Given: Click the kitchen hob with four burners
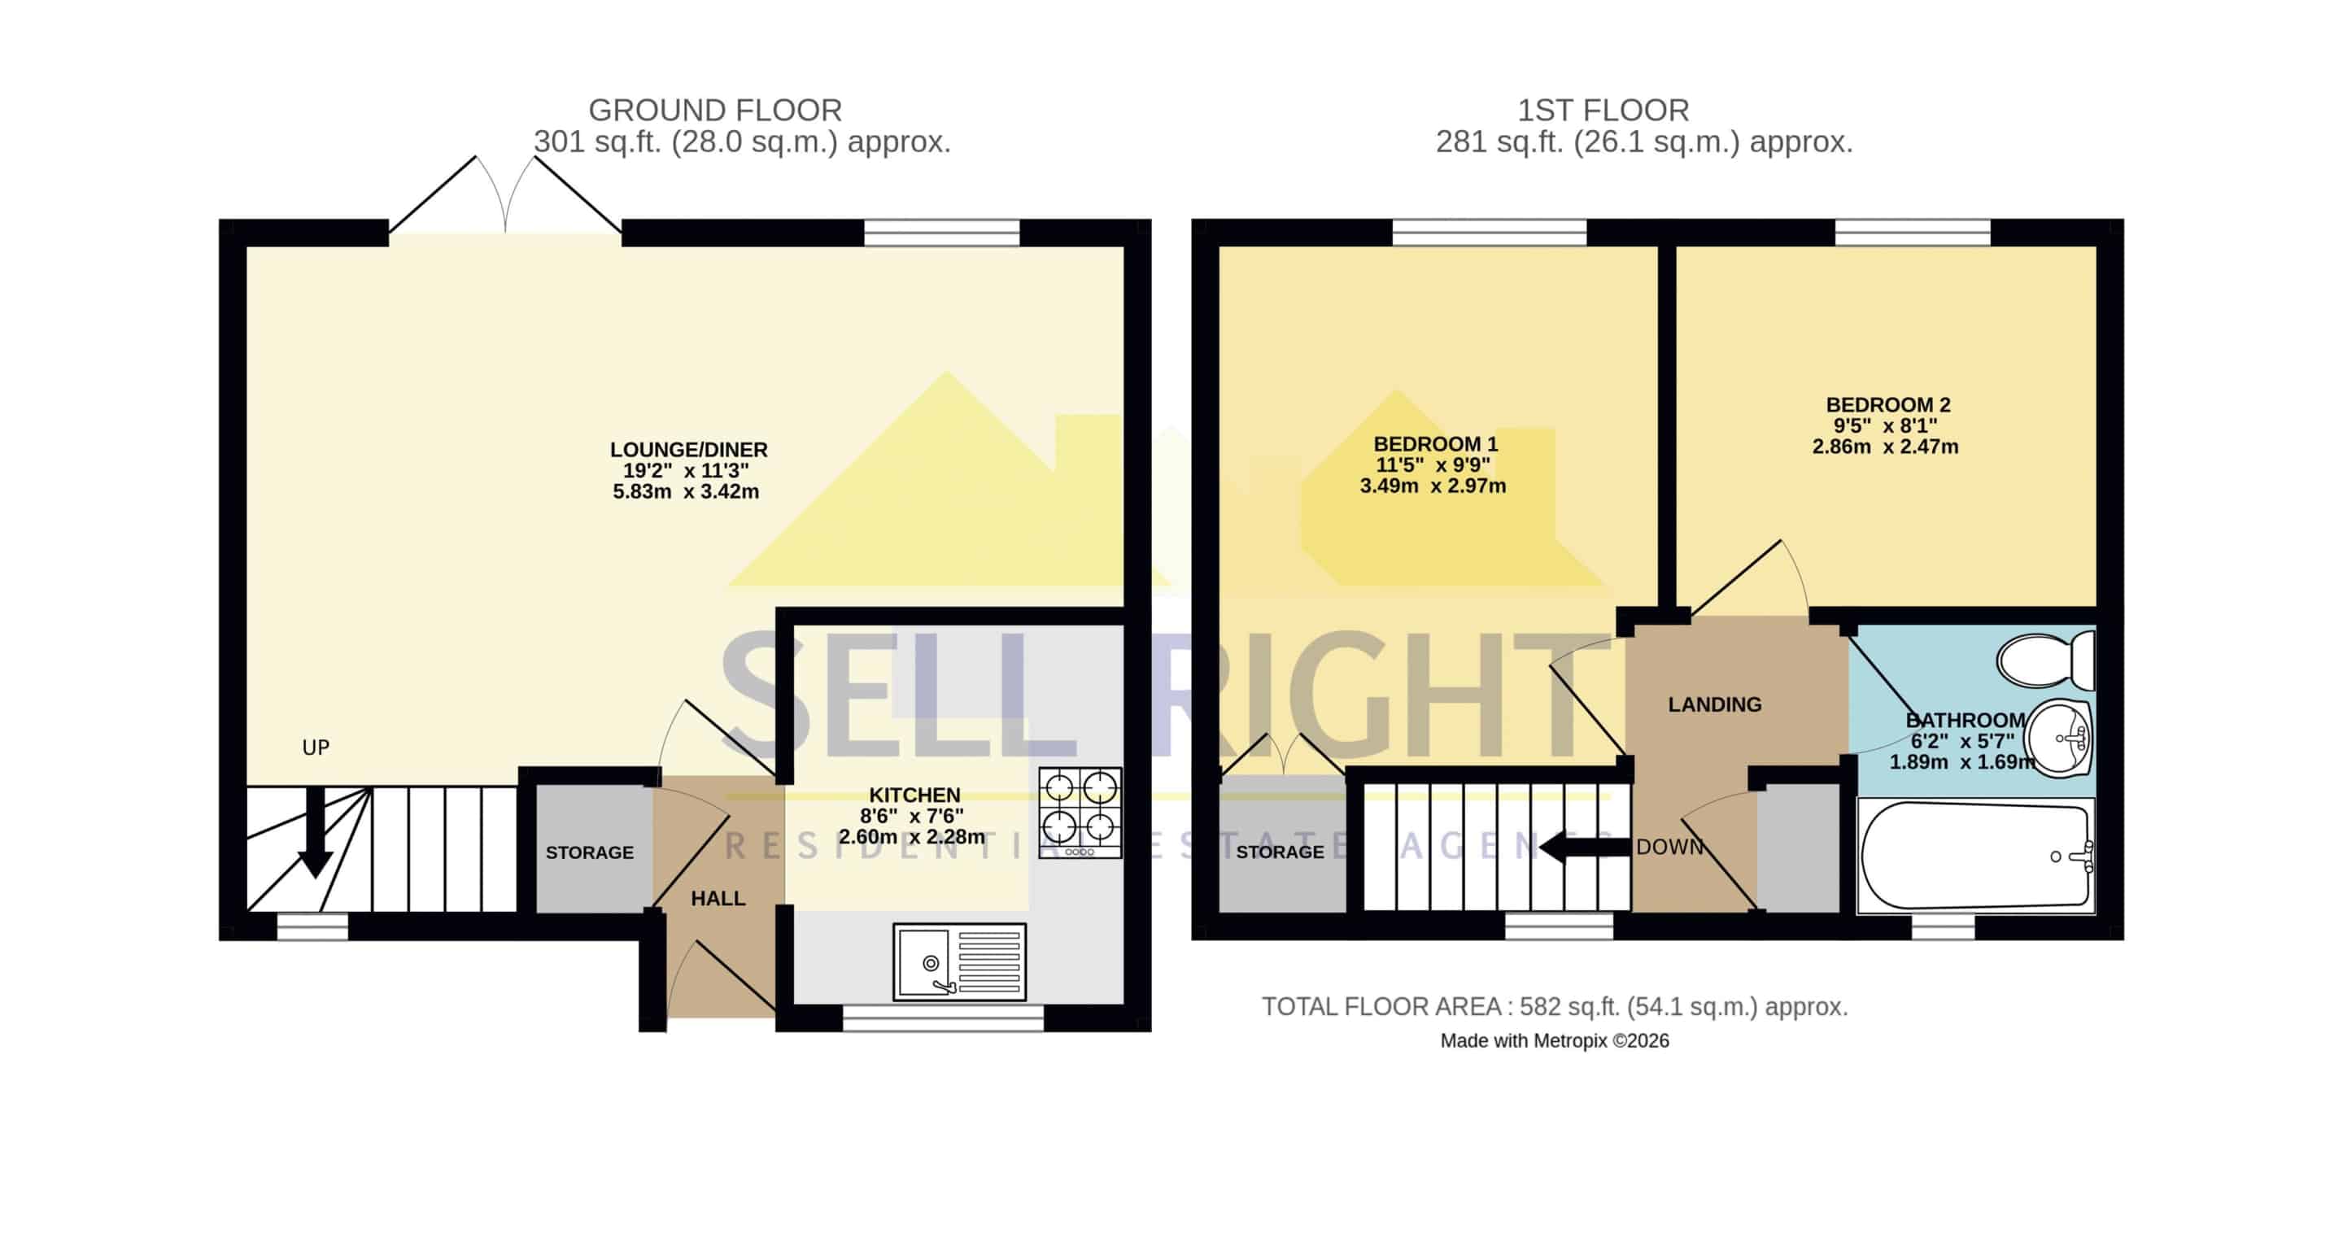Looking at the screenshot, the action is tap(1080, 812).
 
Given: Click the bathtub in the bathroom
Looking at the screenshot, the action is tap(1975, 856).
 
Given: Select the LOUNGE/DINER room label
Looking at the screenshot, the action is tap(688, 449).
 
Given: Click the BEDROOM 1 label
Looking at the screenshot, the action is tap(1435, 443).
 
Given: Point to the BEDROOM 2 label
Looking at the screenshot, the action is tap(1888, 404).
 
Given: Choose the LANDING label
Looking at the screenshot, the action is tap(1714, 704).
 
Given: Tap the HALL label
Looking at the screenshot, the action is tap(718, 898).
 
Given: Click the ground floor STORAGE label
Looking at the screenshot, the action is tap(589, 852).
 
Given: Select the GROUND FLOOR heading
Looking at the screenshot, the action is tap(715, 110).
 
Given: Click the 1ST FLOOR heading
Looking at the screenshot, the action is tap(1603, 110).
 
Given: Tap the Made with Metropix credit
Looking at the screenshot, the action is tap(1555, 1041).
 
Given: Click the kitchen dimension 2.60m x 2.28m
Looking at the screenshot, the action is tap(911, 836).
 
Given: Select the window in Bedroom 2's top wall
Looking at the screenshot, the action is tap(1912, 233).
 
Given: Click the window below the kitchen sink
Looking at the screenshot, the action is tap(943, 1018).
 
